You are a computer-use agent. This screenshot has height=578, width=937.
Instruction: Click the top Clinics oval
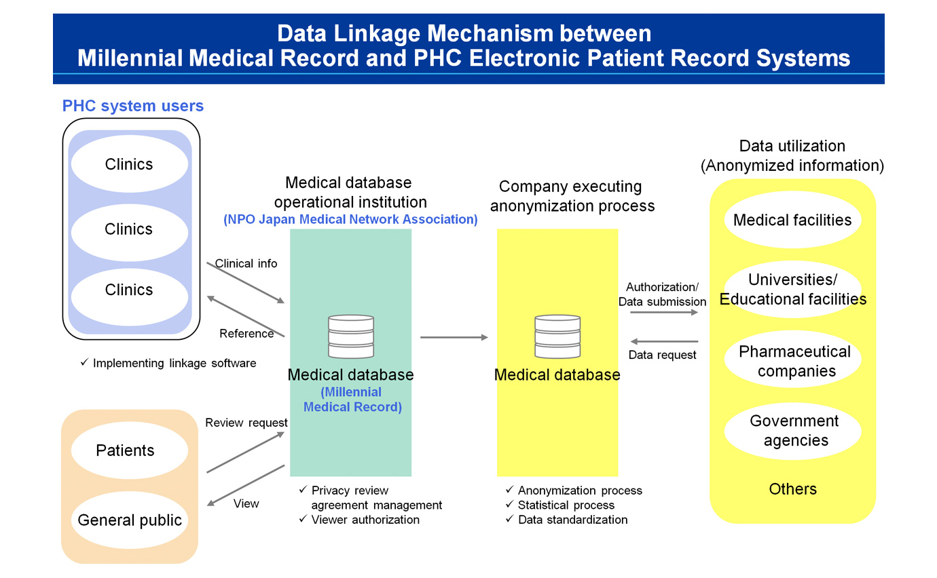pyautogui.click(x=129, y=164)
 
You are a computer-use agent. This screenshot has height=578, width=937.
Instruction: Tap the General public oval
pyautogui.click(x=129, y=520)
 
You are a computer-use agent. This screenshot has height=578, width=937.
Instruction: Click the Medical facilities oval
pyautogui.click(x=792, y=220)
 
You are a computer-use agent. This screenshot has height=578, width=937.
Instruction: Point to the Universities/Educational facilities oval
pyautogui.click(x=792, y=290)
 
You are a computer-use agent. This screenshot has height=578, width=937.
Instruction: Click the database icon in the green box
pyautogui.click(x=350, y=336)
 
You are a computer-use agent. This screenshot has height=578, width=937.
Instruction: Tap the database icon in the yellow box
pyautogui.click(x=557, y=336)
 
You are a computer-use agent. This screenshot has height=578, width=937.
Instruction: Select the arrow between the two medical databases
pyautogui.click(x=454, y=337)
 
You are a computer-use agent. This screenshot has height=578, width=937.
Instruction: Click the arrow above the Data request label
pyautogui.click(x=663, y=341)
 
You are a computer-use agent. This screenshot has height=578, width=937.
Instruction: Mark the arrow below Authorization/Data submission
pyautogui.click(x=663, y=313)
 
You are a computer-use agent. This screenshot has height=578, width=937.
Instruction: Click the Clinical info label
pyautogui.click(x=246, y=263)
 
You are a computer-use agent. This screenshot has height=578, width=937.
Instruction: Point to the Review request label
pyautogui.click(x=246, y=423)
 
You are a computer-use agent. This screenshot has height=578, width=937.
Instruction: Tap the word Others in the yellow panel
pyautogui.click(x=792, y=489)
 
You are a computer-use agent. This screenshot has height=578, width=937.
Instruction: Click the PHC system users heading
pyautogui.click(x=133, y=106)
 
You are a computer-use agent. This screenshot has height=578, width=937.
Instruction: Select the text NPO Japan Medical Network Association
pyautogui.click(x=350, y=220)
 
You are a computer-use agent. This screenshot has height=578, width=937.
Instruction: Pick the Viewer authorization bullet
pyautogui.click(x=365, y=520)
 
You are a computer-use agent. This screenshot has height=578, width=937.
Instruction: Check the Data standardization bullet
pyautogui.click(x=572, y=520)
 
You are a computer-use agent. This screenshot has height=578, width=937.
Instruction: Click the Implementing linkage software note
pyautogui.click(x=174, y=363)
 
